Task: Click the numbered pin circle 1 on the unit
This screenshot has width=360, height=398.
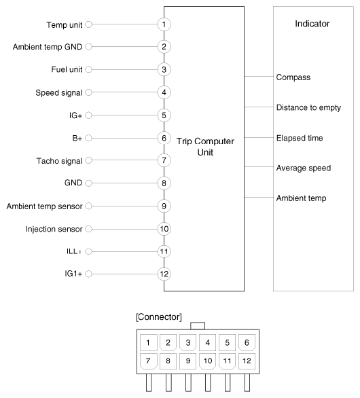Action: click(x=164, y=24)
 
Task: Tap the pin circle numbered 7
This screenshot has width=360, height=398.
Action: click(x=164, y=160)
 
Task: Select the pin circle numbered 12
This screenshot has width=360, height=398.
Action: click(x=164, y=274)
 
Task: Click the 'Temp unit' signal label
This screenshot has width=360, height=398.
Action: click(x=65, y=25)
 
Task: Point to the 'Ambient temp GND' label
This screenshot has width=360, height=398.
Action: click(x=48, y=47)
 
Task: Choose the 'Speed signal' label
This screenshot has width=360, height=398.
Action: click(x=59, y=93)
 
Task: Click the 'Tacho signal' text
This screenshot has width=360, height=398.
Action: click(x=59, y=161)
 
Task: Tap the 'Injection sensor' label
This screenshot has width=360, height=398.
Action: click(x=54, y=229)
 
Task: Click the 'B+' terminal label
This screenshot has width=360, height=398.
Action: click(x=77, y=139)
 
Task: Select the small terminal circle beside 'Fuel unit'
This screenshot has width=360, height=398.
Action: click(x=88, y=69)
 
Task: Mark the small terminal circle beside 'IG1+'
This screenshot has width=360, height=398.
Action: click(x=88, y=274)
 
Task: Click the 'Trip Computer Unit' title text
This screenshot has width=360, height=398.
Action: click(x=205, y=147)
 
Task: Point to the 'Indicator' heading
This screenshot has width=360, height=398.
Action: click(x=312, y=24)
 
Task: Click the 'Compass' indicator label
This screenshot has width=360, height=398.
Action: click(x=293, y=77)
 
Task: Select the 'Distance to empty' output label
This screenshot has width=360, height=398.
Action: click(x=308, y=107)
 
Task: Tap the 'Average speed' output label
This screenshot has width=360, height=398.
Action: click(x=304, y=168)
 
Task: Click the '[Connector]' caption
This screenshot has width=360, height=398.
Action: click(x=159, y=317)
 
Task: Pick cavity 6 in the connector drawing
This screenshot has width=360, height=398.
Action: click(x=247, y=343)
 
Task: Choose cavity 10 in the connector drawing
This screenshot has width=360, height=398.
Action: click(x=208, y=361)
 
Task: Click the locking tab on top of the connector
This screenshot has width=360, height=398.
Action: click(x=198, y=326)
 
